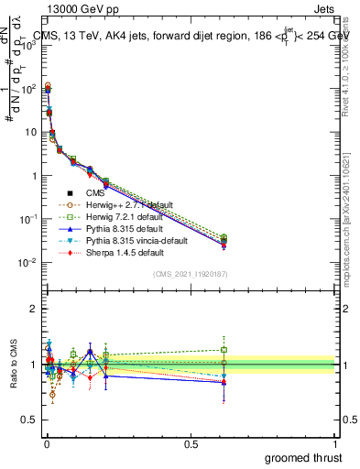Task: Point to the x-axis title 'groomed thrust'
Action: tap(303, 457)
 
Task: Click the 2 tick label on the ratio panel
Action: tap(33, 309)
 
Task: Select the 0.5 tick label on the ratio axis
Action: tap(28, 420)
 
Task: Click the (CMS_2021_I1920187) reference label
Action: tap(191, 274)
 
